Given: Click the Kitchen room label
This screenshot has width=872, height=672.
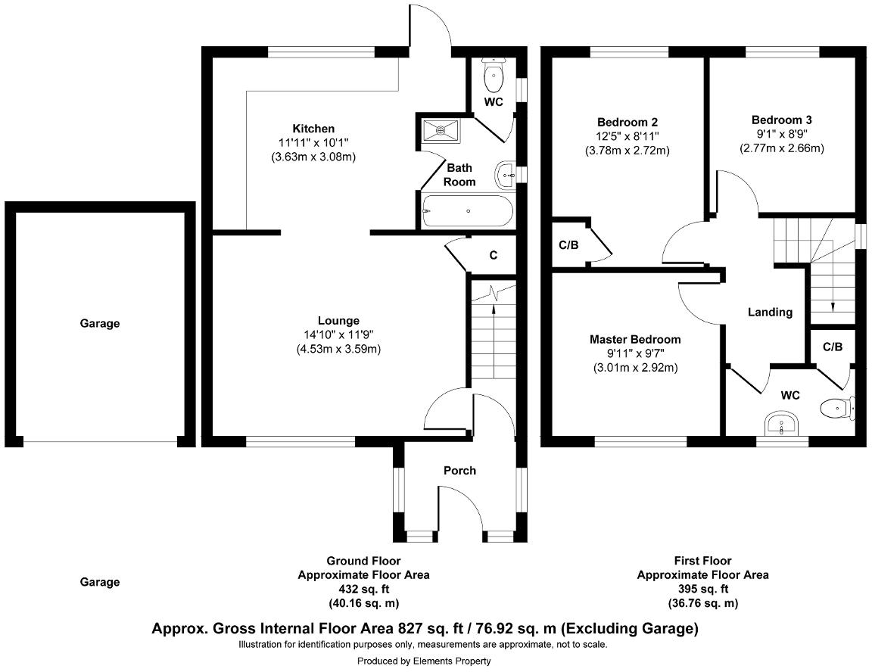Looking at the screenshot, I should [313, 129].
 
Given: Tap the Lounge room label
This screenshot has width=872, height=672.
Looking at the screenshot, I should [338, 320].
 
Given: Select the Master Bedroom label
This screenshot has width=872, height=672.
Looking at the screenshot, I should [634, 339].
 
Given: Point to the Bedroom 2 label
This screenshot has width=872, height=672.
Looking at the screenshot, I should [627, 122].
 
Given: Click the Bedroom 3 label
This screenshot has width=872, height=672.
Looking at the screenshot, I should [781, 120].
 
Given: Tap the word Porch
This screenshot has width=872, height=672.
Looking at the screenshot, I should [459, 470].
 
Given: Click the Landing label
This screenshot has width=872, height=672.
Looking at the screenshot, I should [770, 312].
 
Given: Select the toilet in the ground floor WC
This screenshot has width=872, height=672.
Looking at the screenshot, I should [494, 74].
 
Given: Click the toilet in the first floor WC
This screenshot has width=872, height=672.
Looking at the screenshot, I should [836, 409].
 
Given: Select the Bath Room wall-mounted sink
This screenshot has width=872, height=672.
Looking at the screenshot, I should [505, 176].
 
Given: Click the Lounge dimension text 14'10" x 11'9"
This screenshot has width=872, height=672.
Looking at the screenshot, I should [338, 334].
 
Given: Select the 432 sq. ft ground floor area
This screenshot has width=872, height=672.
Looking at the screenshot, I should [363, 589].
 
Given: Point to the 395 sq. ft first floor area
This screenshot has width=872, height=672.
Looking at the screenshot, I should [702, 589].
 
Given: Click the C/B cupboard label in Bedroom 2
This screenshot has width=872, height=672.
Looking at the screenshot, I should [568, 245].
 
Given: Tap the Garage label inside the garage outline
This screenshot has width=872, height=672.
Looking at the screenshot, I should [100, 323].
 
